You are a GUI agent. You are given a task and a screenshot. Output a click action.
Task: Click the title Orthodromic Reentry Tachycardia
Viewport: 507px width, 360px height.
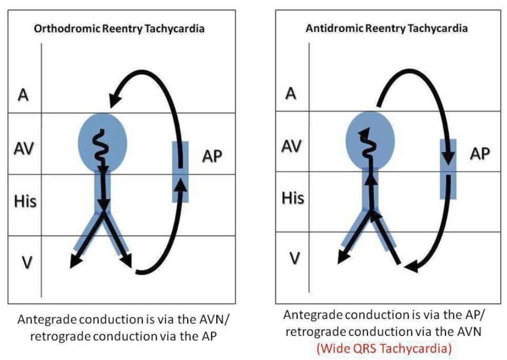[x=119, y=29]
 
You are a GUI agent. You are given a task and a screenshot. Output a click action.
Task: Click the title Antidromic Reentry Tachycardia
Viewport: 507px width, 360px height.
[x=387, y=28]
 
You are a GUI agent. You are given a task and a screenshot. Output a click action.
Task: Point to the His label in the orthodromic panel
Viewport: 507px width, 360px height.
[x=25, y=202]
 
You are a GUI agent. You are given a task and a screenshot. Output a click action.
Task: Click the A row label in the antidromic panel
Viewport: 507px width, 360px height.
[x=290, y=94]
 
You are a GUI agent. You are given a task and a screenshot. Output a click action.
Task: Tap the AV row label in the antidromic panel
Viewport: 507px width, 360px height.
[x=293, y=146]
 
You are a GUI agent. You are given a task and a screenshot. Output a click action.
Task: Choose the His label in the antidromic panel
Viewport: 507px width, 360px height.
[x=293, y=198]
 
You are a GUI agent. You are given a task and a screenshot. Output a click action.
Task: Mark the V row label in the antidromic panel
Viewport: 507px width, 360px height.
[x=296, y=258]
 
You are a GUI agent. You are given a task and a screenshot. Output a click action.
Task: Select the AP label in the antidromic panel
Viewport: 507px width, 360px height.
[x=479, y=153]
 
